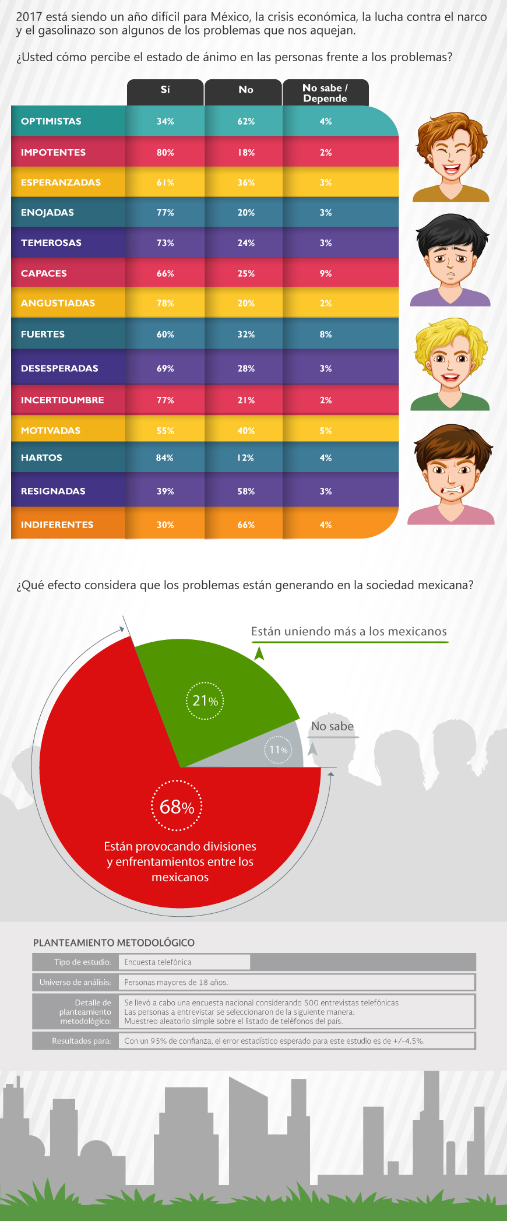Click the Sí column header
[x=166, y=90]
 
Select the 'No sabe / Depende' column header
[x=325, y=93]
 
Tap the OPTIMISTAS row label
[x=51, y=121]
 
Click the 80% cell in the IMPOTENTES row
[x=166, y=153]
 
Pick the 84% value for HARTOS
[x=165, y=458]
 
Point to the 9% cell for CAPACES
[x=326, y=273]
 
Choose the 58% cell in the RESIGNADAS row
[x=246, y=491]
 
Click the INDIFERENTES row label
[x=57, y=525]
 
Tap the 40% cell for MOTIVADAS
[x=246, y=431]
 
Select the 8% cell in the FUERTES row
[x=326, y=335]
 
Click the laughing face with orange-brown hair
[x=451, y=156]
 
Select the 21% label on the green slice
[x=205, y=701]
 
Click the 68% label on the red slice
[x=177, y=807]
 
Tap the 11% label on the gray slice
[x=279, y=750]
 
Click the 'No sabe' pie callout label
[x=332, y=726]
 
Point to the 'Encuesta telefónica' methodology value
[x=158, y=962]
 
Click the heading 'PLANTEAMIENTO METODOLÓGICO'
[x=114, y=942]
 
